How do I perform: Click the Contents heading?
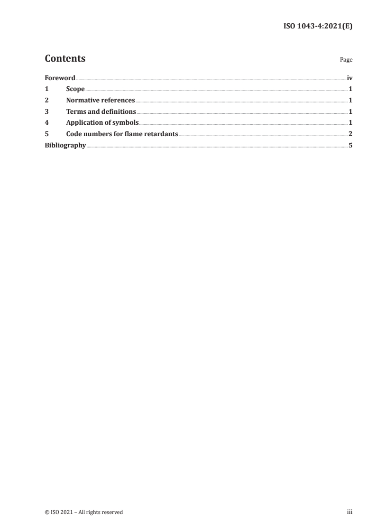pyautogui.click(x=65, y=59)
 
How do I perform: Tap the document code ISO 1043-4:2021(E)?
pyautogui.click(x=317, y=27)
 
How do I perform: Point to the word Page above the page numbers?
pyautogui.click(x=346, y=60)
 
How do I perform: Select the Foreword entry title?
pyautogui.click(x=60, y=78)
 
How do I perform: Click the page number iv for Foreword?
pyautogui.click(x=349, y=78)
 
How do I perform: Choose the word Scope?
pyautogui.click(x=75, y=89)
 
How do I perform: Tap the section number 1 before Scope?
pyautogui.click(x=46, y=89)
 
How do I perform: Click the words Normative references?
pyautogui.click(x=101, y=101)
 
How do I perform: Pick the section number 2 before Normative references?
pyautogui.click(x=46, y=101)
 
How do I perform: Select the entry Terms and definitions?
pyautogui.click(x=101, y=112)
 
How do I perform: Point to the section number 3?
pyautogui.click(x=46, y=112)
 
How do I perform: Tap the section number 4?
pyautogui.click(x=46, y=123)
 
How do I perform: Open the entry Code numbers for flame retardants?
pyautogui.click(x=122, y=134)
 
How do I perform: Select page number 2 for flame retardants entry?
pyautogui.click(x=350, y=134)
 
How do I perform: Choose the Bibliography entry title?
pyautogui.click(x=65, y=146)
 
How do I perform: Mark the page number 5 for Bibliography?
pyautogui.click(x=350, y=146)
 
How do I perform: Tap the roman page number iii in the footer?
pyautogui.click(x=350, y=512)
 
